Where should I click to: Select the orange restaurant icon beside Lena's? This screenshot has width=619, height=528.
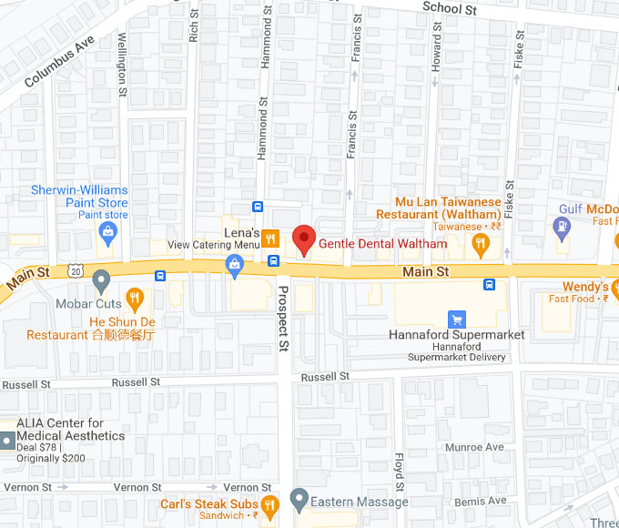point(270,239)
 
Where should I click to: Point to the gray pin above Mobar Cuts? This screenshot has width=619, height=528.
point(101,279)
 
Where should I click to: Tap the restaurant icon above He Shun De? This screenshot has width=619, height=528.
point(135,297)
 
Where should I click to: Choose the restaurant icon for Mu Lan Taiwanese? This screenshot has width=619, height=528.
point(481,242)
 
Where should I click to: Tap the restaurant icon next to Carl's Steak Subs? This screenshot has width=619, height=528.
point(269,504)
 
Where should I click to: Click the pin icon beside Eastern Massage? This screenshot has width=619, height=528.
point(298,500)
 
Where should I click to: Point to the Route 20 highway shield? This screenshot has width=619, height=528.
point(76,271)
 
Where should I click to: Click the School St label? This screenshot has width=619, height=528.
point(450,8)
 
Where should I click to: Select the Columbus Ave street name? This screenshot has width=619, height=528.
point(59,63)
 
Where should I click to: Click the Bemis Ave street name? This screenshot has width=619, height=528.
point(482,502)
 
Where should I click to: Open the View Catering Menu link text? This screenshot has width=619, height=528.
point(214,245)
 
